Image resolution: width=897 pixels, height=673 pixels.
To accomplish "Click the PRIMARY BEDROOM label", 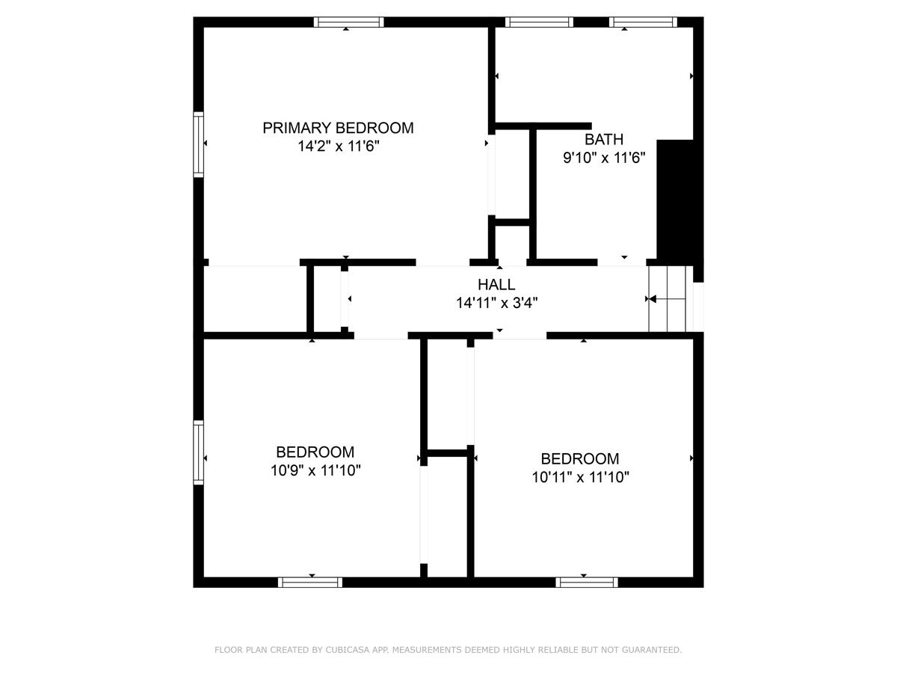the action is point(338,128).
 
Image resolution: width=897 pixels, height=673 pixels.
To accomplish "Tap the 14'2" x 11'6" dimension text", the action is point(339,146).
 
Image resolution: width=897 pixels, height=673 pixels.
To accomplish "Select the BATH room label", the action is point(604,139).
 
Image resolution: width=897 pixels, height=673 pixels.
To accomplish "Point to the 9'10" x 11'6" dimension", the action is point(604,157).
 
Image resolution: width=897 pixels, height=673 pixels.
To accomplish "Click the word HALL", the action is point(496,284).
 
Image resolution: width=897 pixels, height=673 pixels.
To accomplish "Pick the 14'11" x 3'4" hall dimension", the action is point(496,303).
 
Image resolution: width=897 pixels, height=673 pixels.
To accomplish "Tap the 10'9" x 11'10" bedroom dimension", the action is point(315,470).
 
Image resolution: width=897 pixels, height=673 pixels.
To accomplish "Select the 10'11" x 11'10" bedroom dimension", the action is point(580,477).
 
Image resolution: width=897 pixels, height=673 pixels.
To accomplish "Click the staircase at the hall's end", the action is point(668,298).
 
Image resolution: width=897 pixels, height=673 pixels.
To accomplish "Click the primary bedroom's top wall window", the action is point(348,22).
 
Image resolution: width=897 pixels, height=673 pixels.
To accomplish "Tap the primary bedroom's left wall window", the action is point(198,144).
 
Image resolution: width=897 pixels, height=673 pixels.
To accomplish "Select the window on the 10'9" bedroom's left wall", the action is point(198,452).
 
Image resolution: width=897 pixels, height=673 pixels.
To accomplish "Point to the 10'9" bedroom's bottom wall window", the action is point(310,583).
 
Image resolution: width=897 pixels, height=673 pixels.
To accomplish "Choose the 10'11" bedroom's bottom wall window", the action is point(587,583).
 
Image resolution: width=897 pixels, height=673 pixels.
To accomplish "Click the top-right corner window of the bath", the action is point(644,22).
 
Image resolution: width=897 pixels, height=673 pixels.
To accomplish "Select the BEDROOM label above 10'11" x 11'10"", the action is point(580,459).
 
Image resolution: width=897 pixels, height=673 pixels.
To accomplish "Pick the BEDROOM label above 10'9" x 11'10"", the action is point(315,452).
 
